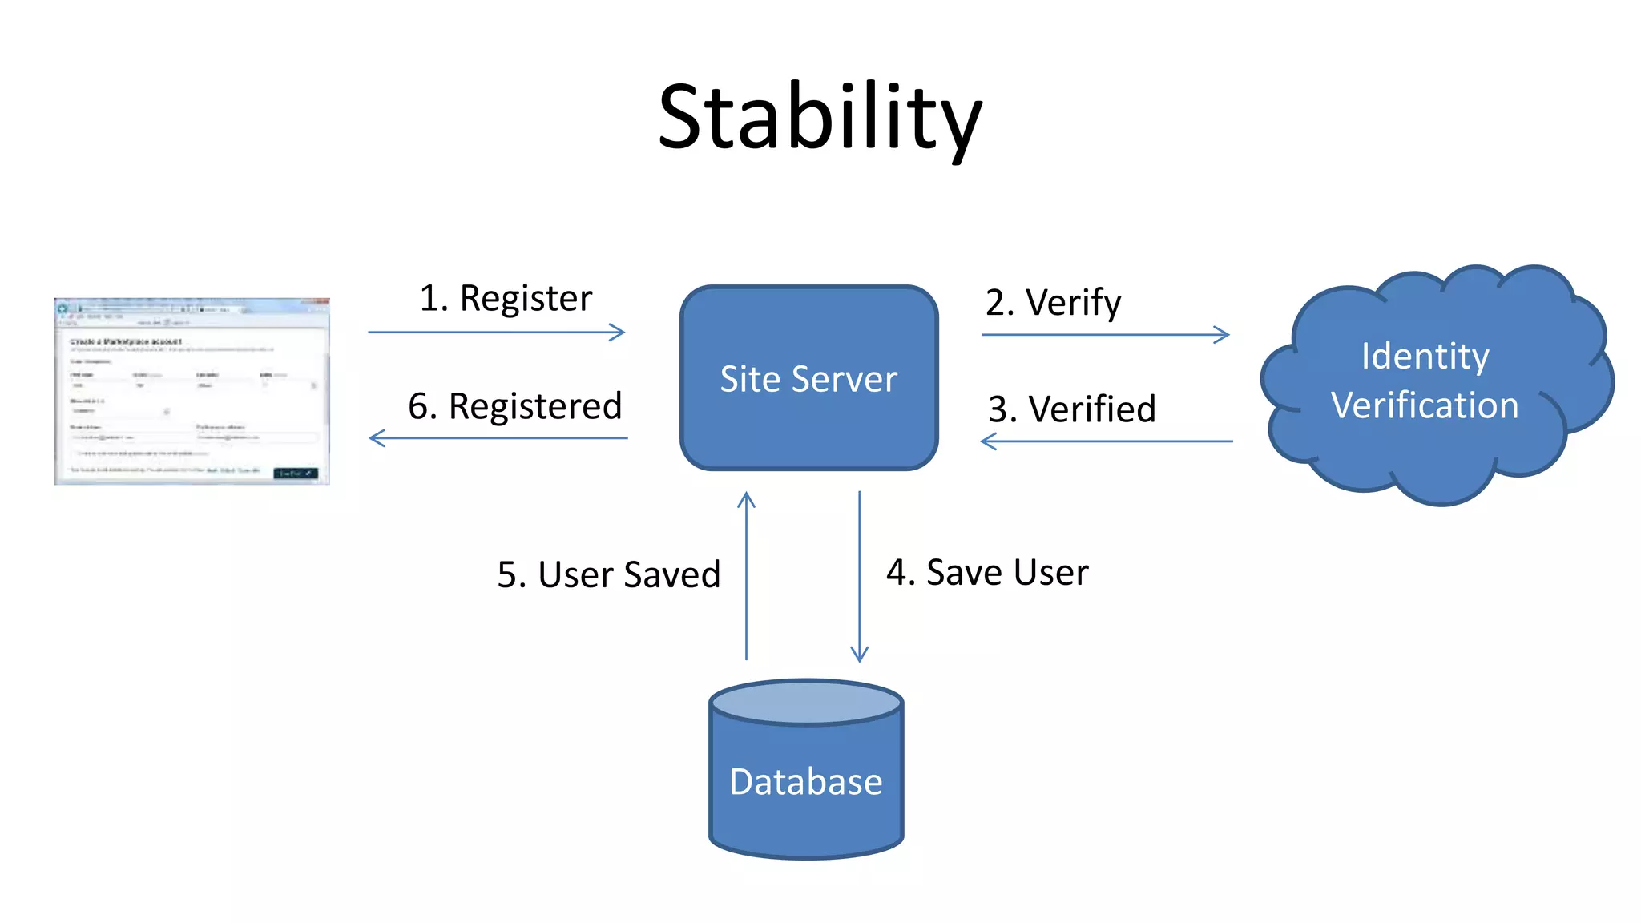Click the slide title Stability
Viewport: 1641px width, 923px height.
[820, 118]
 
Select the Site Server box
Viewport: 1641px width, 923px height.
[808, 378]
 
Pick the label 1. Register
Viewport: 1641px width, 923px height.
[506, 298]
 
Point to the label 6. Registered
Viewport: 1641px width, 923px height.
[514, 406]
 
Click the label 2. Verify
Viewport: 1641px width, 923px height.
[1053, 303]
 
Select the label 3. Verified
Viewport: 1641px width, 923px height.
[1071, 409]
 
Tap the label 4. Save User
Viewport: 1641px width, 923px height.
[987, 573]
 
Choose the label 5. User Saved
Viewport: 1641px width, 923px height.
[609, 574]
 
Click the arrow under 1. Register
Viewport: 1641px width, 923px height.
[497, 332]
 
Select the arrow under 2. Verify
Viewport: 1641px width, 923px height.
[1106, 335]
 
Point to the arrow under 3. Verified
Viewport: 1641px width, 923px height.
[1106, 441]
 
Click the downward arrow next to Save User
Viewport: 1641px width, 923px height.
[859, 577]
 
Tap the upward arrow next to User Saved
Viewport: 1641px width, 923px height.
[746, 577]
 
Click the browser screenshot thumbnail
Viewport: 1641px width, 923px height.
[192, 391]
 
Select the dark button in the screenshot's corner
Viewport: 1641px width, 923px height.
[296, 474]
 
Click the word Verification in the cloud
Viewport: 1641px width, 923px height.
[1425, 405]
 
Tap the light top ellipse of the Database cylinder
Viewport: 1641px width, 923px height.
[806, 703]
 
